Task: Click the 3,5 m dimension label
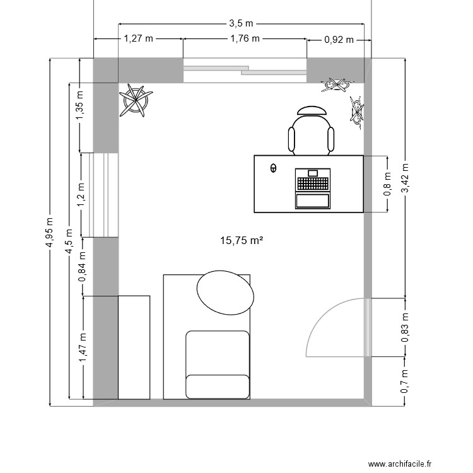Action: (242, 23)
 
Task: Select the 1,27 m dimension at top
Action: (138, 38)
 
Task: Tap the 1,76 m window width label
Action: (245, 38)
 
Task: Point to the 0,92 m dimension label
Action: (339, 39)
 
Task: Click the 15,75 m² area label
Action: (241, 240)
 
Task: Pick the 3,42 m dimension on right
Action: (405, 180)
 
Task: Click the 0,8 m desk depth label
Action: (387, 184)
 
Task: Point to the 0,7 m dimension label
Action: (405, 382)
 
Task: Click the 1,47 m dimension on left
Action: (82, 347)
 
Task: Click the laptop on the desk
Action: (313, 189)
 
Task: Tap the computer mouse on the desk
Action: (273, 168)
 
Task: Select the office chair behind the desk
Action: (311, 131)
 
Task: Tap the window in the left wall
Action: (105, 195)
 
